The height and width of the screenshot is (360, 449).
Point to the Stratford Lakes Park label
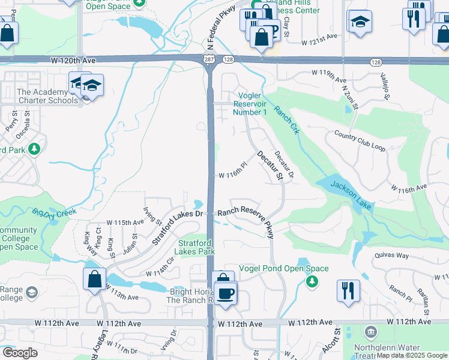click(196, 248)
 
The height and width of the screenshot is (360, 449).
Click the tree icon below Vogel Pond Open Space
click(312, 281)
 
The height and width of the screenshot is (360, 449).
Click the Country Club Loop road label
click(360, 142)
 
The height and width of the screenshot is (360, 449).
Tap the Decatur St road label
click(270, 166)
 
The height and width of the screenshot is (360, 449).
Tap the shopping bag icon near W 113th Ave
click(94, 279)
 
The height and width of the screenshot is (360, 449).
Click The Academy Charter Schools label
click(47, 96)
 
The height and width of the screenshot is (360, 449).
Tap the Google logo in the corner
click(20, 353)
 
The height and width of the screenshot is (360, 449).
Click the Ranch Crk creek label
click(287, 121)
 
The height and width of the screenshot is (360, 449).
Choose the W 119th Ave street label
click(329, 73)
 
